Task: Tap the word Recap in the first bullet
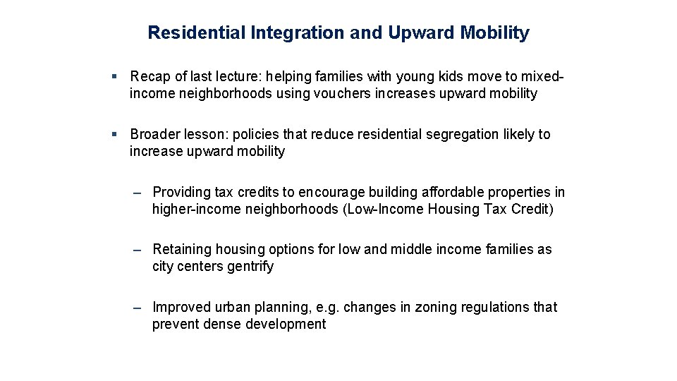tap(150, 76)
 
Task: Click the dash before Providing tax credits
tap(138, 192)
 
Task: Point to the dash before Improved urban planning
tap(138, 307)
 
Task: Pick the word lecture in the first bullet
tap(243, 76)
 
